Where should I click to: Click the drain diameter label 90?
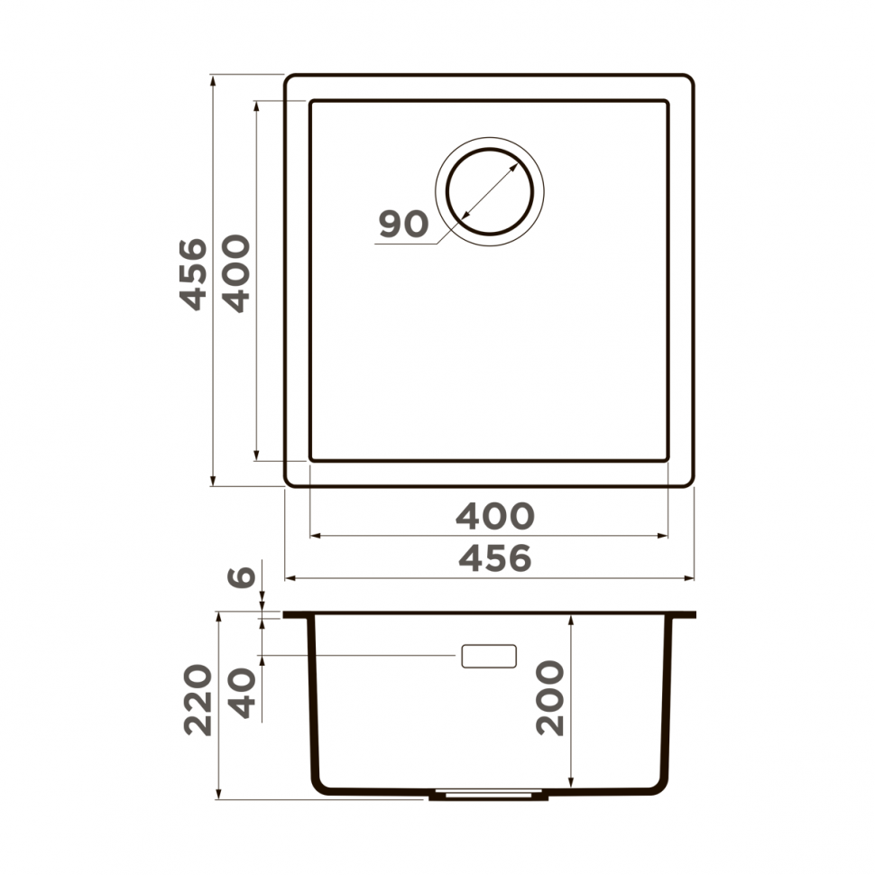(402, 224)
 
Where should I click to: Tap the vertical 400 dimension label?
(236, 273)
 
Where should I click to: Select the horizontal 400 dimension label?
(494, 516)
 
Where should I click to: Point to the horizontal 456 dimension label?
(494, 558)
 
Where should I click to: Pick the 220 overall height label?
(198, 700)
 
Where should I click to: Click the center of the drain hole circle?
(490, 192)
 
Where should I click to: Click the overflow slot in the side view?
(488, 657)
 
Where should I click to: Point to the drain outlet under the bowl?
(487, 796)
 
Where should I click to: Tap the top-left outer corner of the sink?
(287, 78)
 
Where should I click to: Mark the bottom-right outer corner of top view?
(692, 484)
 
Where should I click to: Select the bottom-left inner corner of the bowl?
(312, 459)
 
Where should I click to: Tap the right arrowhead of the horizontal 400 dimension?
(665, 536)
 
